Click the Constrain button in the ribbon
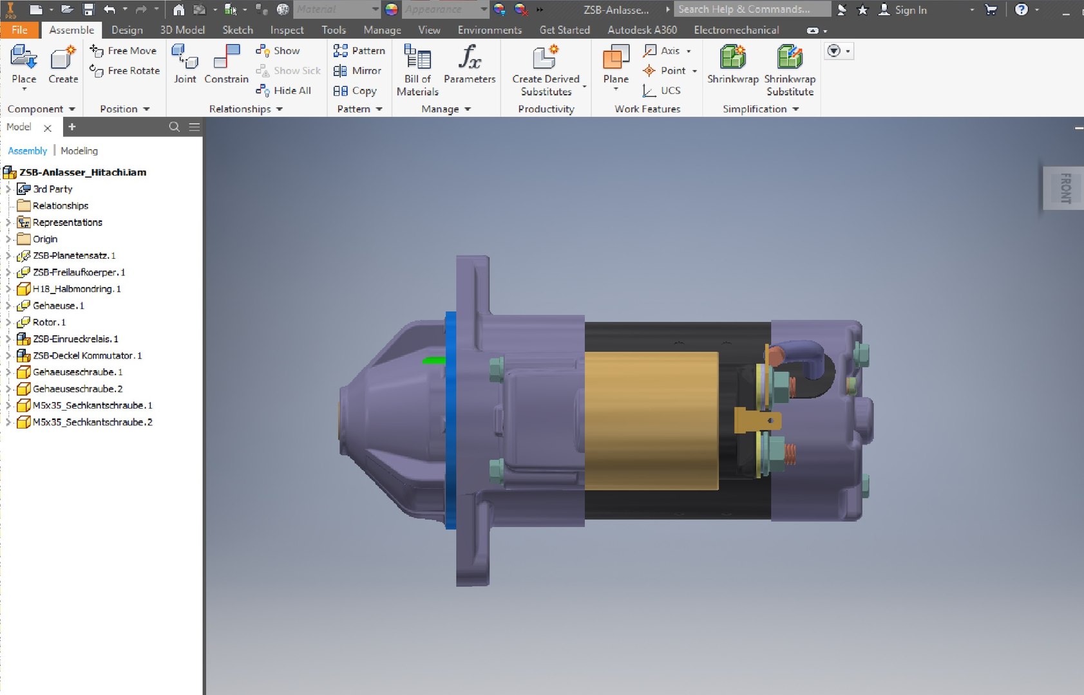[226, 65]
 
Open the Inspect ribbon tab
[287, 30]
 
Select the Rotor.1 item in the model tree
[49, 322]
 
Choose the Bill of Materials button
[417, 70]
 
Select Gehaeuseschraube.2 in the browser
[77, 389]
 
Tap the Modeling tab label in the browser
[79, 151]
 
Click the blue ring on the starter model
[450, 418]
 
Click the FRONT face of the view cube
[1066, 188]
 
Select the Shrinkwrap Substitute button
[790, 70]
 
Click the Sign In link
[910, 10]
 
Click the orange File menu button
[19, 30]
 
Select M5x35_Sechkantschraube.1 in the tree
[92, 405]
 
